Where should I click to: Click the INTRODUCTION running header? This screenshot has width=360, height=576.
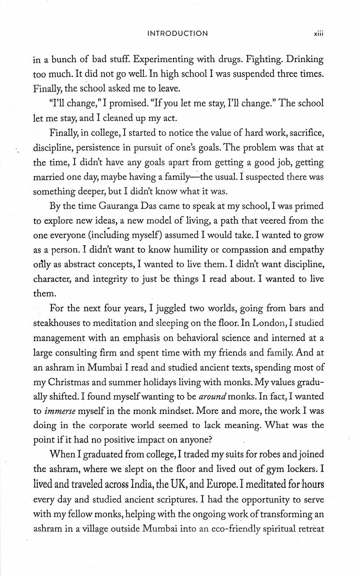point(177,33)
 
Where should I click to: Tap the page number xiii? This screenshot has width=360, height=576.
point(319,33)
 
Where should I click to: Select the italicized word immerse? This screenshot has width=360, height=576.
point(60,411)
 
